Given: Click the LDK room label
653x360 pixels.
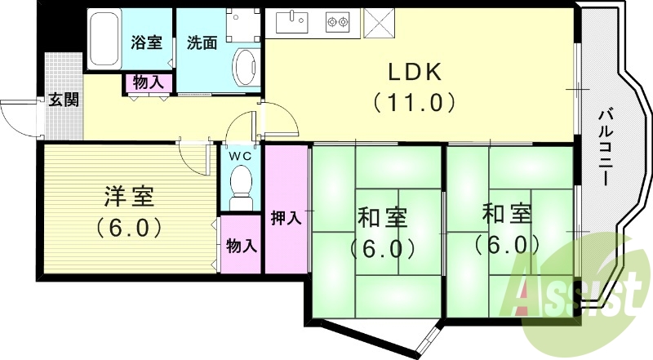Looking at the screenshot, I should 414,72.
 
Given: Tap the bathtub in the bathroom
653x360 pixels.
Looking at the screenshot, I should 104,39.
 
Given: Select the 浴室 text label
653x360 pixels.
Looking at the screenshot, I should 147,42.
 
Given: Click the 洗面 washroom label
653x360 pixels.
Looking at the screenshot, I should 202,42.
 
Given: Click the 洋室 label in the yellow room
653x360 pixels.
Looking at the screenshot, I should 129,197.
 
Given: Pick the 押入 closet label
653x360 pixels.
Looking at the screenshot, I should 287,218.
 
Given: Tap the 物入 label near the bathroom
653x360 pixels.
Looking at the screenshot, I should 148,82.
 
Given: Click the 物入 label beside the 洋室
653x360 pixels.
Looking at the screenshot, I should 241,244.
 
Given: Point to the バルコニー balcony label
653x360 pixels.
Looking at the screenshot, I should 605,147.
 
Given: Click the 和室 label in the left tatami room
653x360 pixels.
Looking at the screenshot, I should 381,218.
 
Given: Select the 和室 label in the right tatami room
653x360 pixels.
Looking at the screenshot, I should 507,214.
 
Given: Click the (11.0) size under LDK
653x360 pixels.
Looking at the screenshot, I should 414,103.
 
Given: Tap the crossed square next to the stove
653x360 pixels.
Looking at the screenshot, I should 378,22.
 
